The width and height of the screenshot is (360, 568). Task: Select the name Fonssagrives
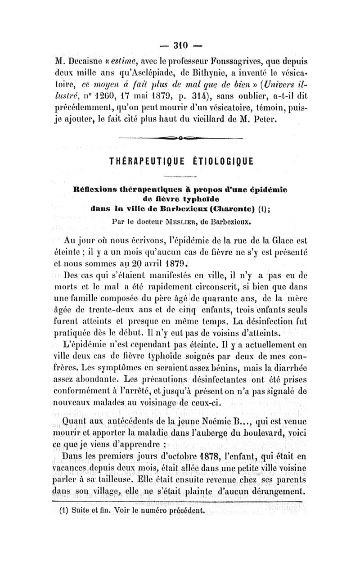[230, 61]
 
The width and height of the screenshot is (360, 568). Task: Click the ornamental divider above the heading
[180, 138]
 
